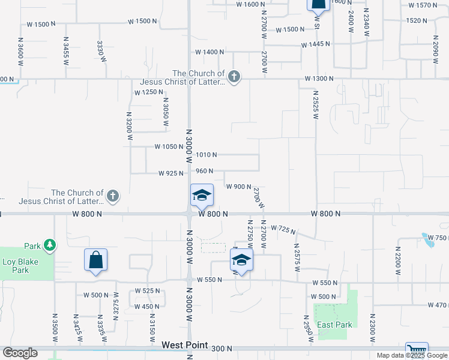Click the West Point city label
click(x=185, y=346)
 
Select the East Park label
click(x=334, y=325)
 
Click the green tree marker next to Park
click(x=49, y=245)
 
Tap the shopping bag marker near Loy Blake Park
click(x=96, y=260)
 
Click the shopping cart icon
click(x=416, y=350)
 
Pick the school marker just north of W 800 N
click(x=202, y=195)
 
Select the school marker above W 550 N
click(x=241, y=260)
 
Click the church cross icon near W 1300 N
click(x=234, y=76)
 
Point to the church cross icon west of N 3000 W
click(x=112, y=195)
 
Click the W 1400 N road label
click(x=205, y=52)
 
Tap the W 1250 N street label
click(x=149, y=92)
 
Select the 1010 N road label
click(x=206, y=155)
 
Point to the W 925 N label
click(x=171, y=173)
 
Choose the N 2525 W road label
click(x=314, y=104)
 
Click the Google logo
click(x=20, y=353)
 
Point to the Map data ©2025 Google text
click(x=412, y=355)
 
